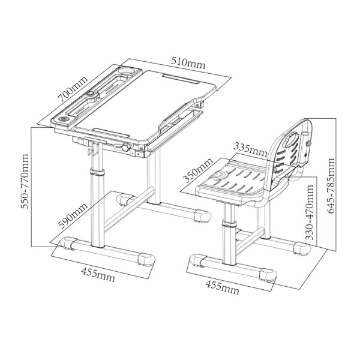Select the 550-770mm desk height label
click(25, 181)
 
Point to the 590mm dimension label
click(73, 216)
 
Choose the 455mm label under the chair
click(222, 287)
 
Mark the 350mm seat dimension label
click(198, 170)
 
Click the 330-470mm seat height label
click(310, 212)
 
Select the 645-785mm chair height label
click(331, 186)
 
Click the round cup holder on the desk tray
click(125, 70)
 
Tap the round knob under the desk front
click(126, 147)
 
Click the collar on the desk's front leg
click(97, 172)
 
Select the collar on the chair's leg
click(229, 223)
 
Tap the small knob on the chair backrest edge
click(308, 143)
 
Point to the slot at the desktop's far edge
click(181, 79)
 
